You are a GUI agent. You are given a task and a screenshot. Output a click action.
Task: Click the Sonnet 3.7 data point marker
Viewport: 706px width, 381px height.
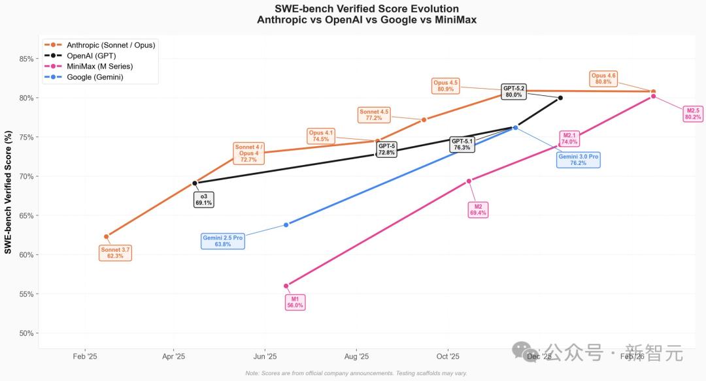click(107, 236)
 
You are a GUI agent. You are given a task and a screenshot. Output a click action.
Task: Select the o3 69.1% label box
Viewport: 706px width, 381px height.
click(203, 200)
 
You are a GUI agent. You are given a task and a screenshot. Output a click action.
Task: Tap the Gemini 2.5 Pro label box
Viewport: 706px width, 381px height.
click(223, 241)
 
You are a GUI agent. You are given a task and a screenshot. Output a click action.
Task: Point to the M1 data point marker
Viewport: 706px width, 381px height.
click(286, 286)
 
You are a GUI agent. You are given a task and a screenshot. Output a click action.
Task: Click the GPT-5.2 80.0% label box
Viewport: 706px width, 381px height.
click(514, 91)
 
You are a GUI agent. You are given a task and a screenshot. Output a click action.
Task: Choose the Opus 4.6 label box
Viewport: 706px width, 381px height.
click(603, 78)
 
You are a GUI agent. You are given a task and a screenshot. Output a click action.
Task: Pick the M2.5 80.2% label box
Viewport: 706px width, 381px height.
click(693, 114)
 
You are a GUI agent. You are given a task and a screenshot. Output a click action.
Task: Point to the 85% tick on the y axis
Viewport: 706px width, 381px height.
click(25, 59)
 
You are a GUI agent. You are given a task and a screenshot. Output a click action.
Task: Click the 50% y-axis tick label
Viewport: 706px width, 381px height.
click(25, 333)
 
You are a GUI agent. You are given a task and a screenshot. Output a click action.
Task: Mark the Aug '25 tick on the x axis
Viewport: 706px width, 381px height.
click(356, 356)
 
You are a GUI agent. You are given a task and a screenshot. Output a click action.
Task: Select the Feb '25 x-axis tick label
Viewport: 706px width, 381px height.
click(84, 356)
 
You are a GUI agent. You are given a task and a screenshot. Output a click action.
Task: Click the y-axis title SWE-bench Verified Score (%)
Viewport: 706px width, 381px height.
click(8, 192)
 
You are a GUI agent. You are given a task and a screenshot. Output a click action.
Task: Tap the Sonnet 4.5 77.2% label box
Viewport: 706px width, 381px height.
click(374, 115)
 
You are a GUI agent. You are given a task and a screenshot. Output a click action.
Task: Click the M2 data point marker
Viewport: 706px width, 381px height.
click(469, 181)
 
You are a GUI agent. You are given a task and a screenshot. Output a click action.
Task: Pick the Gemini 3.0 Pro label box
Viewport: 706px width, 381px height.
click(578, 160)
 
